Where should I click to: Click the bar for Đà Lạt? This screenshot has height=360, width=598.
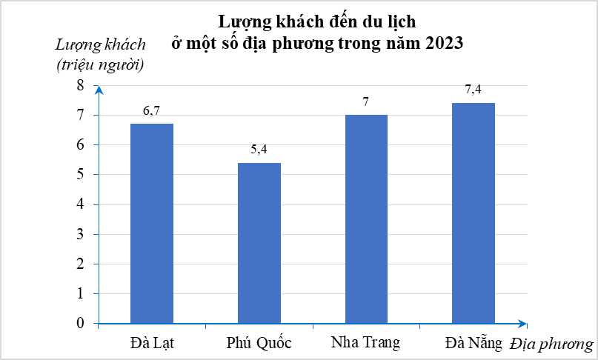[x=152, y=223]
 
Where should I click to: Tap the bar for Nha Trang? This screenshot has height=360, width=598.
[x=366, y=219]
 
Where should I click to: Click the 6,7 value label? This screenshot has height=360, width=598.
[x=152, y=111]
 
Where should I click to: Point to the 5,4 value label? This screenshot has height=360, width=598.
[x=259, y=150]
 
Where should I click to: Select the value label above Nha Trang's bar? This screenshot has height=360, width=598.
[x=366, y=101]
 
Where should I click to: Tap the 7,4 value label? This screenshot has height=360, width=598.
[x=474, y=90]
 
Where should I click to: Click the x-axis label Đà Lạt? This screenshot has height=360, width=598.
[x=152, y=343]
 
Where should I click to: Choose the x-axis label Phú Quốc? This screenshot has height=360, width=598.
[x=259, y=343]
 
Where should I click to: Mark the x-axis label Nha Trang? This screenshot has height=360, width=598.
[x=366, y=343]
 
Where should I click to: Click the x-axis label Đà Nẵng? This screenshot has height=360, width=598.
[x=474, y=343]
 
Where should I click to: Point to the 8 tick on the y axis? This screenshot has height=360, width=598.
[x=81, y=86]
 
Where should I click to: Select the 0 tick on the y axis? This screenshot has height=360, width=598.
[x=81, y=324]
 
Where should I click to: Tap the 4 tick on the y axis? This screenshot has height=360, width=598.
[x=81, y=204]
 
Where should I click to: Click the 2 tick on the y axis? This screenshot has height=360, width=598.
[x=81, y=264]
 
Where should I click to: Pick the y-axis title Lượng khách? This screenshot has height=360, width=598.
[x=101, y=43]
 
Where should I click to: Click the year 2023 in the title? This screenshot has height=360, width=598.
[x=444, y=43]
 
